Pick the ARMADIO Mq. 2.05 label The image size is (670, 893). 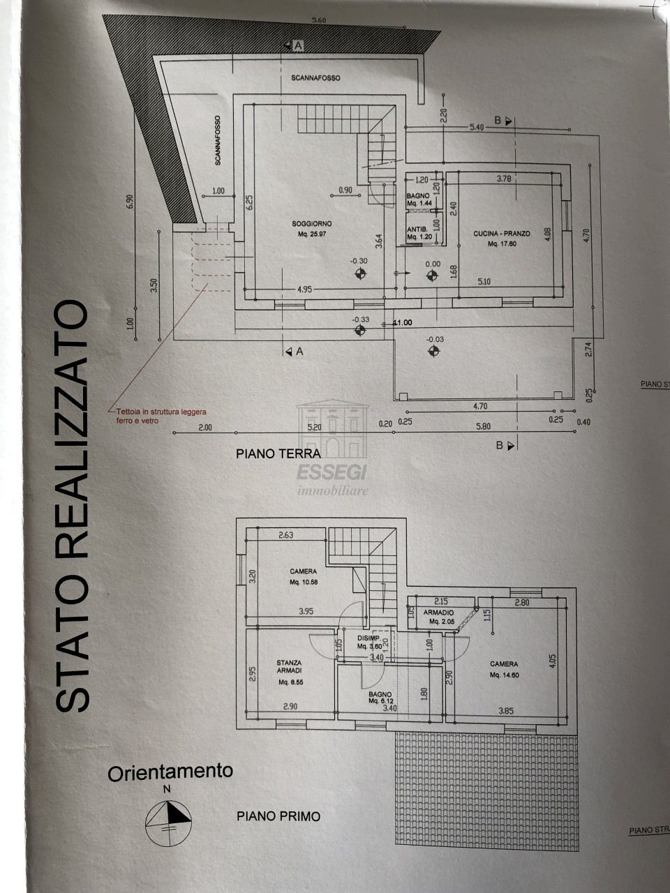442,616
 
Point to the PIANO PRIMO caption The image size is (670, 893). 278,816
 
